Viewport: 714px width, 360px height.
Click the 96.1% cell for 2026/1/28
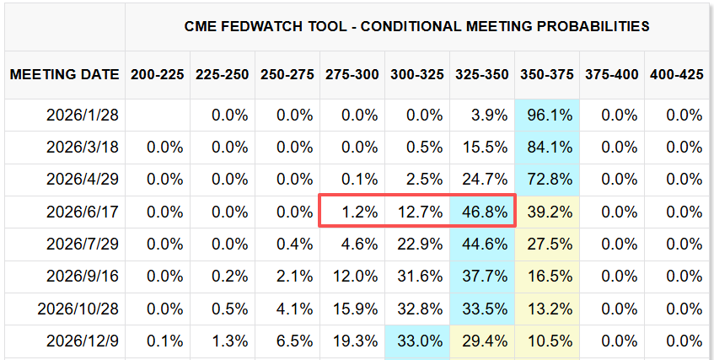pyautogui.click(x=549, y=115)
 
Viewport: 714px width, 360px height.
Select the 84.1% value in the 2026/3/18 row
pyautogui.click(x=549, y=147)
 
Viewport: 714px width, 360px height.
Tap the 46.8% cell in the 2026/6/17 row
pyautogui.click(x=484, y=212)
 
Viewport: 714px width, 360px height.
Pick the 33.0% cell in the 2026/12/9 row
pyautogui.click(x=419, y=341)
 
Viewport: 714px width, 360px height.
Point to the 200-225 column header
pyautogui.click(x=157, y=74)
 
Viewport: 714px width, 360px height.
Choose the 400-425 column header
pyautogui.click(x=677, y=74)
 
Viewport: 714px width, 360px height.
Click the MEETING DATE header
pyautogui.click(x=64, y=74)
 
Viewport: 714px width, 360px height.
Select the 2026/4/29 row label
pyautogui.click(x=83, y=180)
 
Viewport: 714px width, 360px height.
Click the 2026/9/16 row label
pyautogui.click(x=83, y=277)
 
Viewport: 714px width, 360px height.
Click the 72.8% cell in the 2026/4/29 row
pyautogui.click(x=549, y=180)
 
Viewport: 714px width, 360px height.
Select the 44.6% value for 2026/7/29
pyautogui.click(x=484, y=244)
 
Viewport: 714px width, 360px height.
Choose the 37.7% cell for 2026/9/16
pyautogui.click(x=484, y=277)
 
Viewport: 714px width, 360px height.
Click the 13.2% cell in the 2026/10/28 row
pyautogui.click(x=549, y=309)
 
